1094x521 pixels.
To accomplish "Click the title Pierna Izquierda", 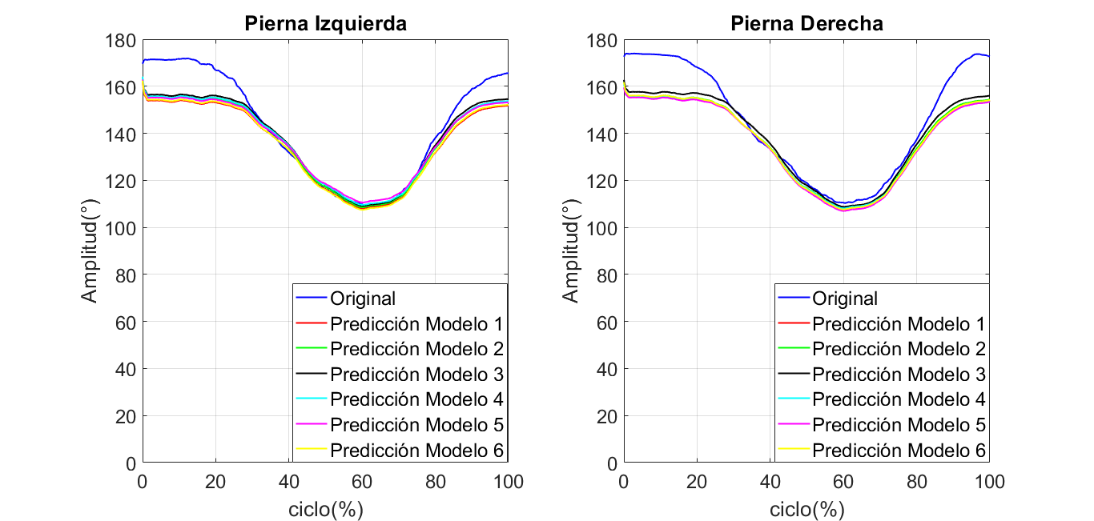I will [x=325, y=24].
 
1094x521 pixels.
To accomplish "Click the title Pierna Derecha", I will [x=806, y=24].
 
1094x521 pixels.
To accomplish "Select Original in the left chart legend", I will [x=363, y=299].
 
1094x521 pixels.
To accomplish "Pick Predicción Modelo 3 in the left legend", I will [x=416, y=375].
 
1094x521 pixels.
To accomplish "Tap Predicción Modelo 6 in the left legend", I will [x=416, y=451].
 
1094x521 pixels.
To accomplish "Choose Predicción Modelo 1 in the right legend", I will [x=899, y=324].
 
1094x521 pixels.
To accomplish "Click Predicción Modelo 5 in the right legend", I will [x=899, y=425].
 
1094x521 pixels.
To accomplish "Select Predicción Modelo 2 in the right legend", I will [x=899, y=349].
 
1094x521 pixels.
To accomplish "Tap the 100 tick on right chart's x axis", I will [x=990, y=482].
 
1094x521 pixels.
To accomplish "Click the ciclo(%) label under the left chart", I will [x=325, y=509].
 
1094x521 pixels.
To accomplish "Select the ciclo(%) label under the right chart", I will [x=806, y=509].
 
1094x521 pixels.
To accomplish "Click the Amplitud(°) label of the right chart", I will [x=570, y=252].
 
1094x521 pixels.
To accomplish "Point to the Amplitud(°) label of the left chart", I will [x=90, y=252].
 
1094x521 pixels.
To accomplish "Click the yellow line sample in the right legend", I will [x=793, y=451].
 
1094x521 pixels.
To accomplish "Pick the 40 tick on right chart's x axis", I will [x=770, y=482].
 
